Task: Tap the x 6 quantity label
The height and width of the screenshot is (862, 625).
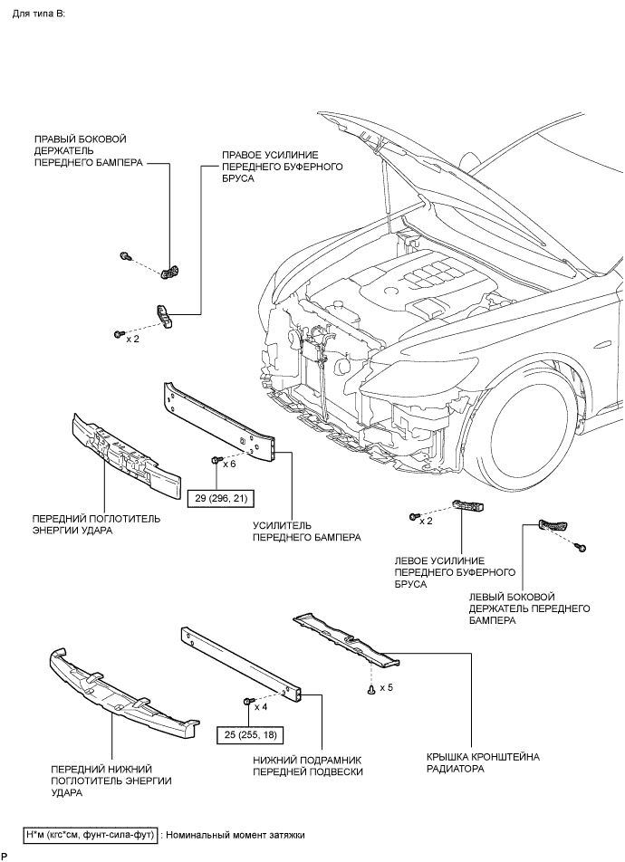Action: (x=229, y=464)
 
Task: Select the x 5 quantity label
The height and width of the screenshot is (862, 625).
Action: (x=386, y=687)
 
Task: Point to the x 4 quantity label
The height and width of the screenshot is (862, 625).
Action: (x=261, y=707)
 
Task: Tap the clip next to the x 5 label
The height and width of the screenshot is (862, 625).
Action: (x=372, y=689)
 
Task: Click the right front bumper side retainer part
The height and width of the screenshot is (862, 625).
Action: (x=171, y=272)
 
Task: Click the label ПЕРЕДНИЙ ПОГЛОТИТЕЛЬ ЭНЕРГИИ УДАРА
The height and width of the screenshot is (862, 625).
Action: (x=96, y=524)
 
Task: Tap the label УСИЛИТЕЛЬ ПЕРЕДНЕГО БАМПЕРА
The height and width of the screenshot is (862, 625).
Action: (x=307, y=531)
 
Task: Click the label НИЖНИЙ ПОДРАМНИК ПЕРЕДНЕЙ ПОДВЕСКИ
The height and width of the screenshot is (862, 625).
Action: (x=308, y=766)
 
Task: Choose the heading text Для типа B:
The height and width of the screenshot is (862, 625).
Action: (x=39, y=14)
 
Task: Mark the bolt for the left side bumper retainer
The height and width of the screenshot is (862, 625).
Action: (x=581, y=548)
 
